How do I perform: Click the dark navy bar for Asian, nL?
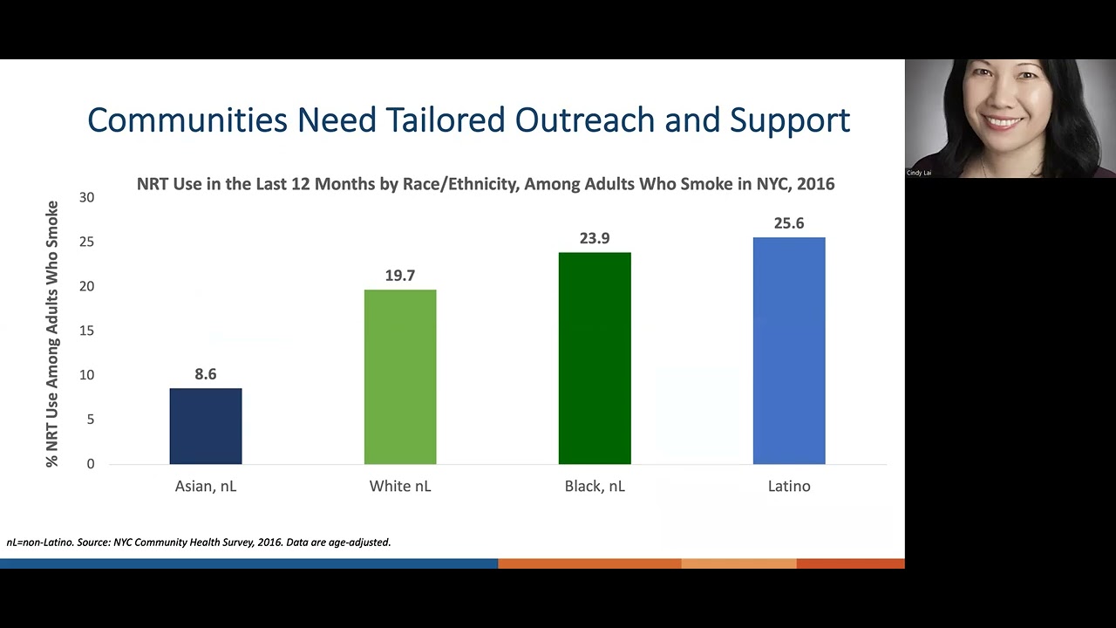click(x=206, y=427)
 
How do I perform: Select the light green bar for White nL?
click(x=400, y=377)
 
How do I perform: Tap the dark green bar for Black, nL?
click(x=595, y=358)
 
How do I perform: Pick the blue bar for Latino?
click(x=789, y=351)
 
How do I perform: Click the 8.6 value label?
click(x=206, y=374)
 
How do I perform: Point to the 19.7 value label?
click(x=400, y=276)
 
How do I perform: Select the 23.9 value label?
click(x=595, y=238)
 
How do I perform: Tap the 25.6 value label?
click(x=789, y=223)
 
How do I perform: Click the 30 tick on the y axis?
click(x=86, y=197)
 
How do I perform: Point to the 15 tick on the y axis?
click(x=86, y=331)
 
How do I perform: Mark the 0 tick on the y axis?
click(x=90, y=464)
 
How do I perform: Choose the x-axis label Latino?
click(x=789, y=486)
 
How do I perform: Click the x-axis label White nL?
click(x=400, y=486)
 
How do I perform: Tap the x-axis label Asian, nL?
click(x=206, y=486)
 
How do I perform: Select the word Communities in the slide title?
click(x=187, y=119)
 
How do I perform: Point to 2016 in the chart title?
click(x=815, y=184)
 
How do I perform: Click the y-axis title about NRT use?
click(x=52, y=334)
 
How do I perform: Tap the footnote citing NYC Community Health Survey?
click(x=199, y=542)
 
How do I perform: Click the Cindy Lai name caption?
click(x=919, y=173)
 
